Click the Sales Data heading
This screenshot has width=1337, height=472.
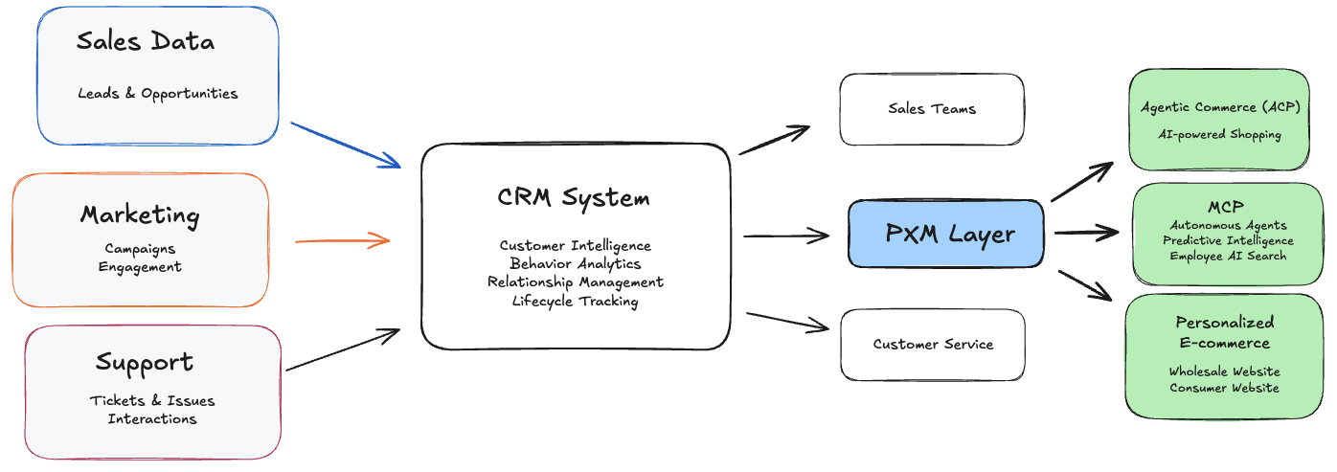(x=146, y=42)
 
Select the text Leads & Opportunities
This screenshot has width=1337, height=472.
(x=158, y=94)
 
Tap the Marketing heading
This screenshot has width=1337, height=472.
(x=140, y=214)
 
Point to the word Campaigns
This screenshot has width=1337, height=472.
(x=140, y=249)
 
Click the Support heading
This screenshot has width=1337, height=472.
(x=145, y=363)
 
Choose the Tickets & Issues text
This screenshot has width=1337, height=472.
(x=152, y=400)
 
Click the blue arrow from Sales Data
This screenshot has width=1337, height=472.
(x=345, y=145)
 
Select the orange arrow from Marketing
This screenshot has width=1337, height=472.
(x=342, y=240)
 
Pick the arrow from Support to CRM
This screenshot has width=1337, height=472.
(x=343, y=350)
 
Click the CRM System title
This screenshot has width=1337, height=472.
(x=574, y=198)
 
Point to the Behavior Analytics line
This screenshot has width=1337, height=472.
(x=576, y=263)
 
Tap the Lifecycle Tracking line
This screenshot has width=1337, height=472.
(x=576, y=301)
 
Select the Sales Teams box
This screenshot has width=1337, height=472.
(x=932, y=109)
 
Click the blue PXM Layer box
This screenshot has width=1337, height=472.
(x=945, y=234)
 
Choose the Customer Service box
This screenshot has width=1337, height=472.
(x=933, y=344)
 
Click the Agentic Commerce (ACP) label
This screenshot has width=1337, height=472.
(x=1220, y=107)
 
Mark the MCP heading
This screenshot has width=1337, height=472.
(x=1225, y=208)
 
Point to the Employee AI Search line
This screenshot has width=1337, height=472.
(x=1228, y=256)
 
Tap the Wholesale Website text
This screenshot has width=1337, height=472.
(x=1224, y=371)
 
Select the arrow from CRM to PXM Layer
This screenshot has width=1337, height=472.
(x=786, y=236)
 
